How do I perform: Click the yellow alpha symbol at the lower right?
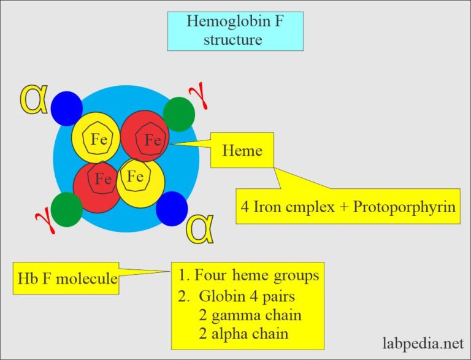(x=199, y=228)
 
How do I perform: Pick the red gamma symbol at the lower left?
(x=42, y=214)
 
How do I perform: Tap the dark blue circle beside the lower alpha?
(x=172, y=209)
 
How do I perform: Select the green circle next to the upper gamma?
(x=179, y=114)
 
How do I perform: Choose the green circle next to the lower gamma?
(x=67, y=209)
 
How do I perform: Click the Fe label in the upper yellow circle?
(x=99, y=139)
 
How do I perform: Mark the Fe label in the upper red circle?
(x=153, y=140)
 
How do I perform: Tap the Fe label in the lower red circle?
(x=103, y=179)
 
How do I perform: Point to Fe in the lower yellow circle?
(x=135, y=177)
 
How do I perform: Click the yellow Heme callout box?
(x=242, y=150)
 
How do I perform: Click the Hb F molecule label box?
(x=66, y=278)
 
